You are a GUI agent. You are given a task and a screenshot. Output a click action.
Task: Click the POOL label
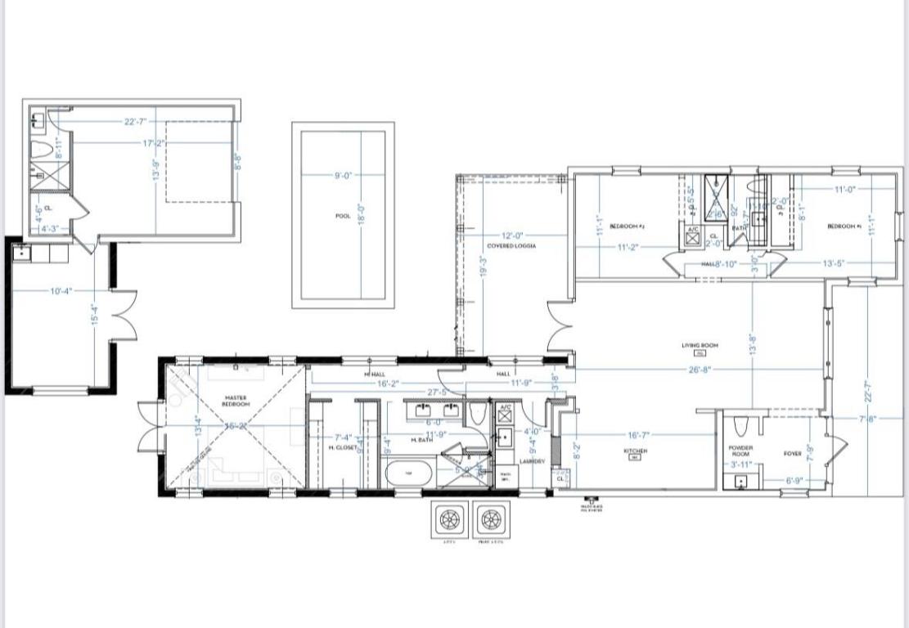pyautogui.click(x=343, y=216)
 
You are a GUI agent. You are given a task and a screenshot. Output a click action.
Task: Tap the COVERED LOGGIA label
pyautogui.click(x=511, y=246)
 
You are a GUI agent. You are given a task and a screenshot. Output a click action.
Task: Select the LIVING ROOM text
pyautogui.click(x=700, y=346)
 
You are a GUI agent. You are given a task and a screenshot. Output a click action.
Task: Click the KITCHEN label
pyautogui.click(x=636, y=451)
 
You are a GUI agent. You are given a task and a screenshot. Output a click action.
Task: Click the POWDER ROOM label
pyautogui.click(x=740, y=451)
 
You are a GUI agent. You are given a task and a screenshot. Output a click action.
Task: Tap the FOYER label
pyautogui.click(x=793, y=452)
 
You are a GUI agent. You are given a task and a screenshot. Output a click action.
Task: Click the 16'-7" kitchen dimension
pyautogui.click(x=641, y=436)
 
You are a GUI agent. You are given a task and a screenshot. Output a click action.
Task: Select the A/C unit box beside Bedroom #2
pyautogui.click(x=692, y=235)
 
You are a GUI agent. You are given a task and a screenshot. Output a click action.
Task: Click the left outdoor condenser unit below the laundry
pyautogui.click(x=448, y=518)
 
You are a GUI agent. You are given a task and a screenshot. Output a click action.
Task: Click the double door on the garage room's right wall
pyautogui.click(x=123, y=315)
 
